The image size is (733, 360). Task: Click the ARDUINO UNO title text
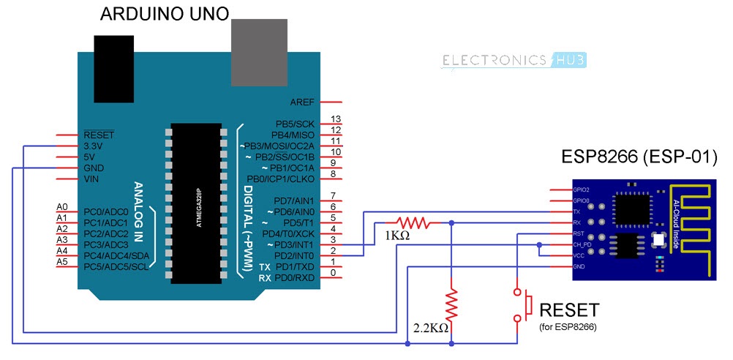164,13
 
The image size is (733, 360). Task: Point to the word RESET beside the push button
568,310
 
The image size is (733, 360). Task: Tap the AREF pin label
303,102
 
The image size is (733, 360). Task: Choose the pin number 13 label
336,119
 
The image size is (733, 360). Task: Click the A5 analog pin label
62,261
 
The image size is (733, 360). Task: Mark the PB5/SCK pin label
294,124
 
